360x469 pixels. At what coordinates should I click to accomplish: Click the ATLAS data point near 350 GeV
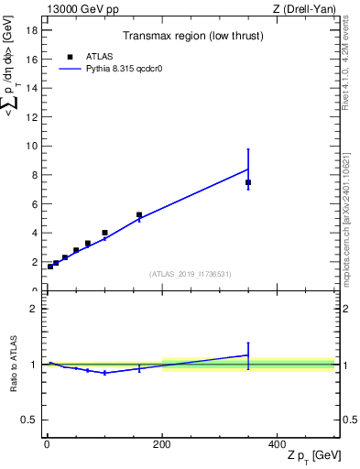pyautogui.click(x=248, y=182)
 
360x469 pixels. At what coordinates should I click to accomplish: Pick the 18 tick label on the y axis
pyautogui.click(x=31, y=29)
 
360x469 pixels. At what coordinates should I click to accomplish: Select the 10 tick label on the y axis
pyautogui.click(x=31, y=146)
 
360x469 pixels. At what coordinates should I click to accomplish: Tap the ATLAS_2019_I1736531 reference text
pyautogui.click(x=191, y=274)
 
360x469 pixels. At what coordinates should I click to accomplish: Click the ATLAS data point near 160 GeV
pyautogui.click(x=139, y=215)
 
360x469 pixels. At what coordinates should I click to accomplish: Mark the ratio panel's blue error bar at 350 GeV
pyautogui.click(x=248, y=355)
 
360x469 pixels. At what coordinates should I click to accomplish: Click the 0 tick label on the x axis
pyautogui.click(x=47, y=443)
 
